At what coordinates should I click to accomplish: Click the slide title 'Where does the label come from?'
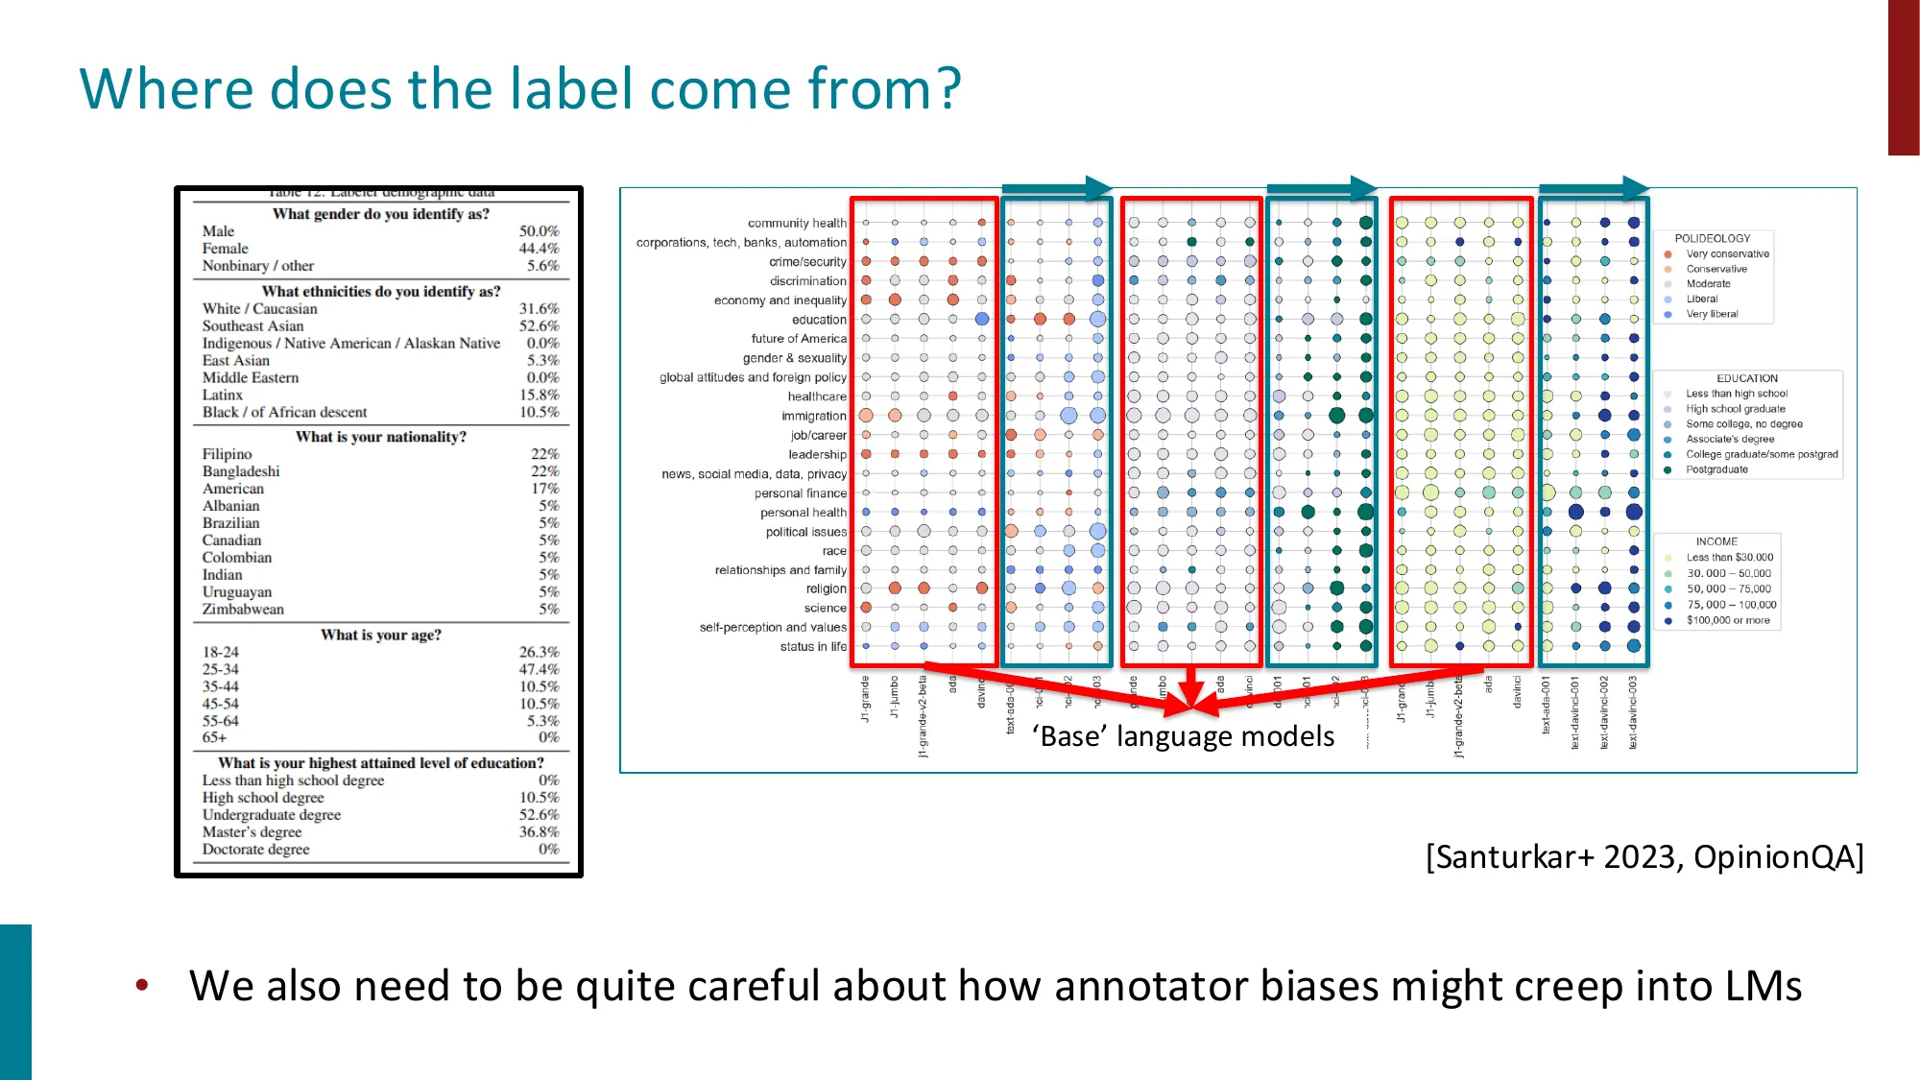pyautogui.click(x=519, y=88)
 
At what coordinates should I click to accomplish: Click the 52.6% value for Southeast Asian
pyautogui.click(x=539, y=326)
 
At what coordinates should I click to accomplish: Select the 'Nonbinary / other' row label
pyautogui.click(x=257, y=266)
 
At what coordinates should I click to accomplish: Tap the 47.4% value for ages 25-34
pyautogui.click(x=539, y=669)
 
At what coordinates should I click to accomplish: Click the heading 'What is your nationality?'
pyautogui.click(x=381, y=437)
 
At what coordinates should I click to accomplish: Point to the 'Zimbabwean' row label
pyautogui.click(x=243, y=610)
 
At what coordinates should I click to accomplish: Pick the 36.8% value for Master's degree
pyautogui.click(x=539, y=832)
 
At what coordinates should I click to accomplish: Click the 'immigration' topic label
pyautogui.click(x=813, y=416)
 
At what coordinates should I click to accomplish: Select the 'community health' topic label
pyautogui.click(x=797, y=223)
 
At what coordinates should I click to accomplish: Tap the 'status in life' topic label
pyautogui.click(x=812, y=647)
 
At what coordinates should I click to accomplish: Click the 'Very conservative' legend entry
pyautogui.click(x=1727, y=254)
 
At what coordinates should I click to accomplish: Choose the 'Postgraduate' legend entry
pyautogui.click(x=1716, y=469)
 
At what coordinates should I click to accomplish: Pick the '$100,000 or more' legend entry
pyautogui.click(x=1727, y=620)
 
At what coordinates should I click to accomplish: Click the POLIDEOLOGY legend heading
pyautogui.click(x=1712, y=238)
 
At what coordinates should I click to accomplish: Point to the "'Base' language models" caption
pyautogui.click(x=1183, y=736)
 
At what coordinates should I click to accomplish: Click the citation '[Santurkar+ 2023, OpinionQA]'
pyautogui.click(x=1644, y=856)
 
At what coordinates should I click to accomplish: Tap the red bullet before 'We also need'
pyautogui.click(x=142, y=985)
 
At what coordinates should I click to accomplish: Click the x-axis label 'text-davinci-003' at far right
pyautogui.click(x=1632, y=712)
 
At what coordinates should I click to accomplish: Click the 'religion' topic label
pyautogui.click(x=826, y=588)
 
